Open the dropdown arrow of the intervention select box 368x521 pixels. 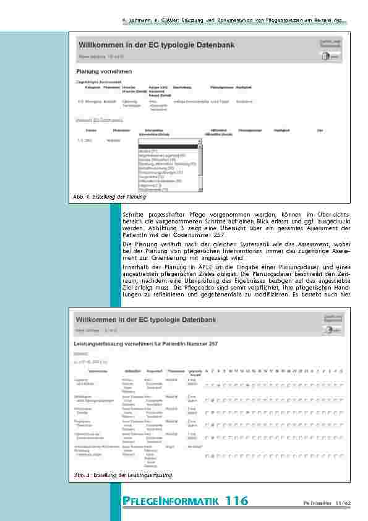pos(200,141)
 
